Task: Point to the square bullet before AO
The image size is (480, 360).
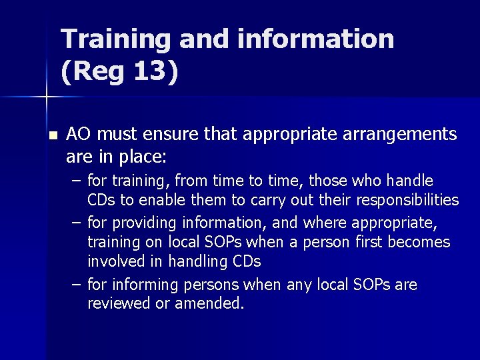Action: click(53, 135)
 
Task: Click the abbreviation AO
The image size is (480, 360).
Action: click(79, 135)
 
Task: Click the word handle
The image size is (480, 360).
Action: click(409, 181)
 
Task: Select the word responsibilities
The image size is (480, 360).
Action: click(407, 200)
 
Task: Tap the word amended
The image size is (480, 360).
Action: click(209, 304)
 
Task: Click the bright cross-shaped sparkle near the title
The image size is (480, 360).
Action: click(46, 98)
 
